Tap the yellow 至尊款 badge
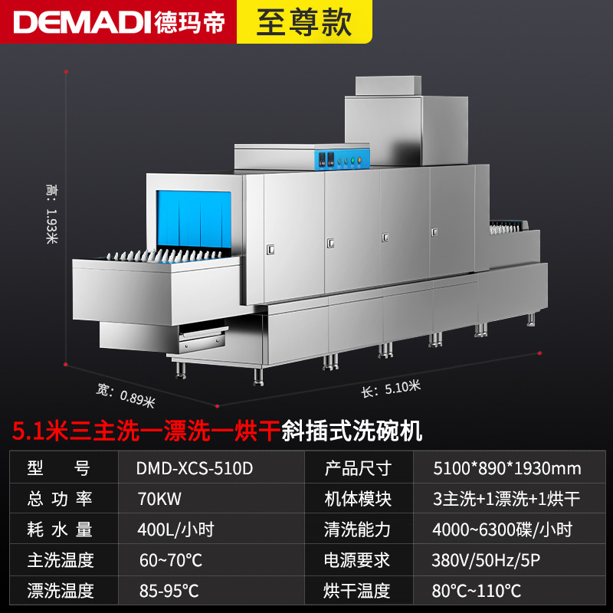[304, 21]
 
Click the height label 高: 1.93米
[51, 214]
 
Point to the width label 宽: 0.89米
[126, 395]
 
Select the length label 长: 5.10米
[391, 388]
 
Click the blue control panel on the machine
[342, 159]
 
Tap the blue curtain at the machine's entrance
[194, 219]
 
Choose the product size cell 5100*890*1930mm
[507, 468]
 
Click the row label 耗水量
[60, 529]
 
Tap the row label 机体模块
[358, 499]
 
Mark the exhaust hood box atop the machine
[407, 121]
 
